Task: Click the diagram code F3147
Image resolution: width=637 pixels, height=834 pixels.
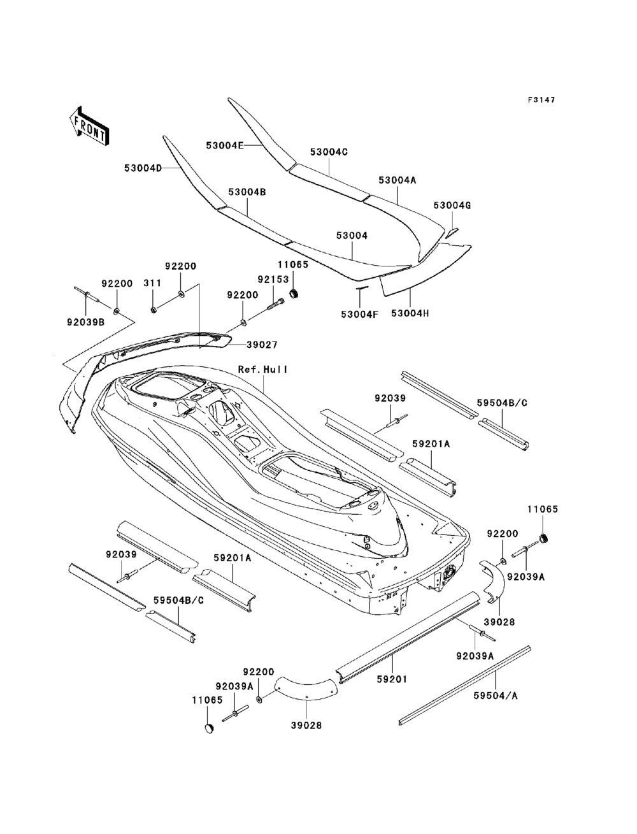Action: click(x=541, y=100)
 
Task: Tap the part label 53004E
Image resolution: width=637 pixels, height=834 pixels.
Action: click(x=225, y=145)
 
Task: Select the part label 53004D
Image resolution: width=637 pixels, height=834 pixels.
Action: click(x=143, y=168)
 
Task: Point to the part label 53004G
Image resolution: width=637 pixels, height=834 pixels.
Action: click(x=452, y=206)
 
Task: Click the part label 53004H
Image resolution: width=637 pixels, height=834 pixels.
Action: click(x=410, y=313)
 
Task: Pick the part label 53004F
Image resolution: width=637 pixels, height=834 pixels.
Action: click(x=360, y=314)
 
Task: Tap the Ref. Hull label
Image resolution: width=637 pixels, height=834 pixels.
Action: click(x=263, y=369)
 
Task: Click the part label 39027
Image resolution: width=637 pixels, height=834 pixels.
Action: click(x=262, y=345)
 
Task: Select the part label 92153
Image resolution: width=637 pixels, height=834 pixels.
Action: click(x=273, y=279)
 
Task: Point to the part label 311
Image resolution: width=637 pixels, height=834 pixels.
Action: click(x=152, y=283)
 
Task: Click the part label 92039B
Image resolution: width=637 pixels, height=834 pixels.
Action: click(x=85, y=322)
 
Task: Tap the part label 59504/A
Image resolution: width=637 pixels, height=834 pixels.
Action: click(x=496, y=696)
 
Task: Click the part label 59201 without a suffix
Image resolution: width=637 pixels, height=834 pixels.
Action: click(x=392, y=679)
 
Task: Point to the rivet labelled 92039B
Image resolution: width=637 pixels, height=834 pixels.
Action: click(x=87, y=294)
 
